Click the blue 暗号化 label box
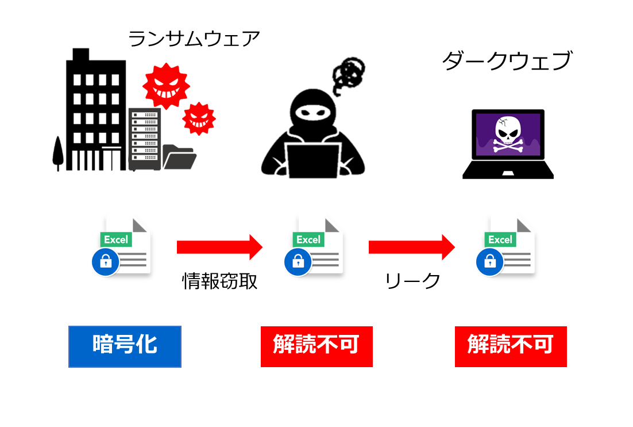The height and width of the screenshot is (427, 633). (125, 346)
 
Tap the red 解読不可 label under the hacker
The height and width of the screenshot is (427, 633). (317, 346)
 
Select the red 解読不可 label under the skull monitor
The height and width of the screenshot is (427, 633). (511, 346)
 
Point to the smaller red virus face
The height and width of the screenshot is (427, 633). (199, 119)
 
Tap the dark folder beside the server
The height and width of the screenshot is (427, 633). (179, 157)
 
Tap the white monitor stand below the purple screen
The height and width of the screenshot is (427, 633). (508, 172)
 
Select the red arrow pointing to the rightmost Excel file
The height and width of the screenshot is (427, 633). (411, 247)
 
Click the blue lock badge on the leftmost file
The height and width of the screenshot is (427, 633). (105, 262)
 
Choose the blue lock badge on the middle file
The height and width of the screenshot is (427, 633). (298, 262)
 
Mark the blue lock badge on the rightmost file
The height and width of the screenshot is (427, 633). (489, 262)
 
